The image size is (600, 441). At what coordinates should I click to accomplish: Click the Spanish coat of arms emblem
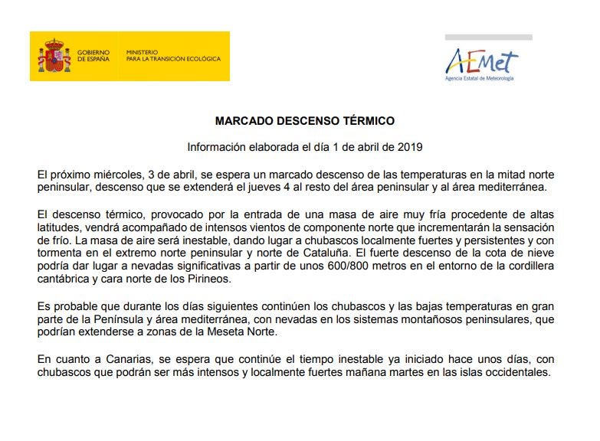[x=54, y=56]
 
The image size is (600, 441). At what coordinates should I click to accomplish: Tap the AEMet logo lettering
[x=482, y=60]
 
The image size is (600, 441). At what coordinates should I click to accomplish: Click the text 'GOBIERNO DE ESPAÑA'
[x=93, y=56]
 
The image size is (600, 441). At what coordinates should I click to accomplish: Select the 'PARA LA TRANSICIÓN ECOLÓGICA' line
[x=173, y=59]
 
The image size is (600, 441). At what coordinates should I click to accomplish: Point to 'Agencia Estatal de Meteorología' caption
[x=480, y=78]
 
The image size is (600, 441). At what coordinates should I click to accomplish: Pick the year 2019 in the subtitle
[x=409, y=146]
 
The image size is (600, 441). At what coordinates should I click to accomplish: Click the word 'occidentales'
[x=518, y=373]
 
